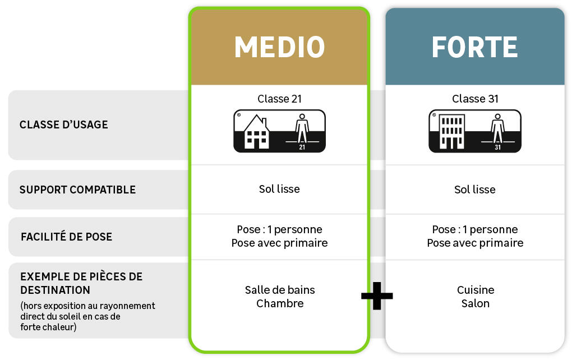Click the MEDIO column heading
click(279, 47)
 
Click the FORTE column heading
click(474, 47)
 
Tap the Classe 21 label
click(279, 99)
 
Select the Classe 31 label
click(475, 99)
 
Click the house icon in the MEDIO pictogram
click(256, 133)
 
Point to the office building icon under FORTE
click(451, 132)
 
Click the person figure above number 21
click(302, 128)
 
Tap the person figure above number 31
click(497, 128)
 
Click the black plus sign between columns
click(377, 295)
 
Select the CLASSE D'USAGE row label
click(63, 124)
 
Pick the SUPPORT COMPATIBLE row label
click(77, 190)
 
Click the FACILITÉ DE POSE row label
click(66, 237)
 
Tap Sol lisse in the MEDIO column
click(279, 189)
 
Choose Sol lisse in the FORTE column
click(475, 190)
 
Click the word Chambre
click(280, 303)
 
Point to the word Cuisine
click(476, 290)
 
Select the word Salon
click(476, 303)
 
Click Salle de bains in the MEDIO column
click(280, 290)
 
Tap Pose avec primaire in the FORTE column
click(475, 243)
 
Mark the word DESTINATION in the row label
click(55, 290)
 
